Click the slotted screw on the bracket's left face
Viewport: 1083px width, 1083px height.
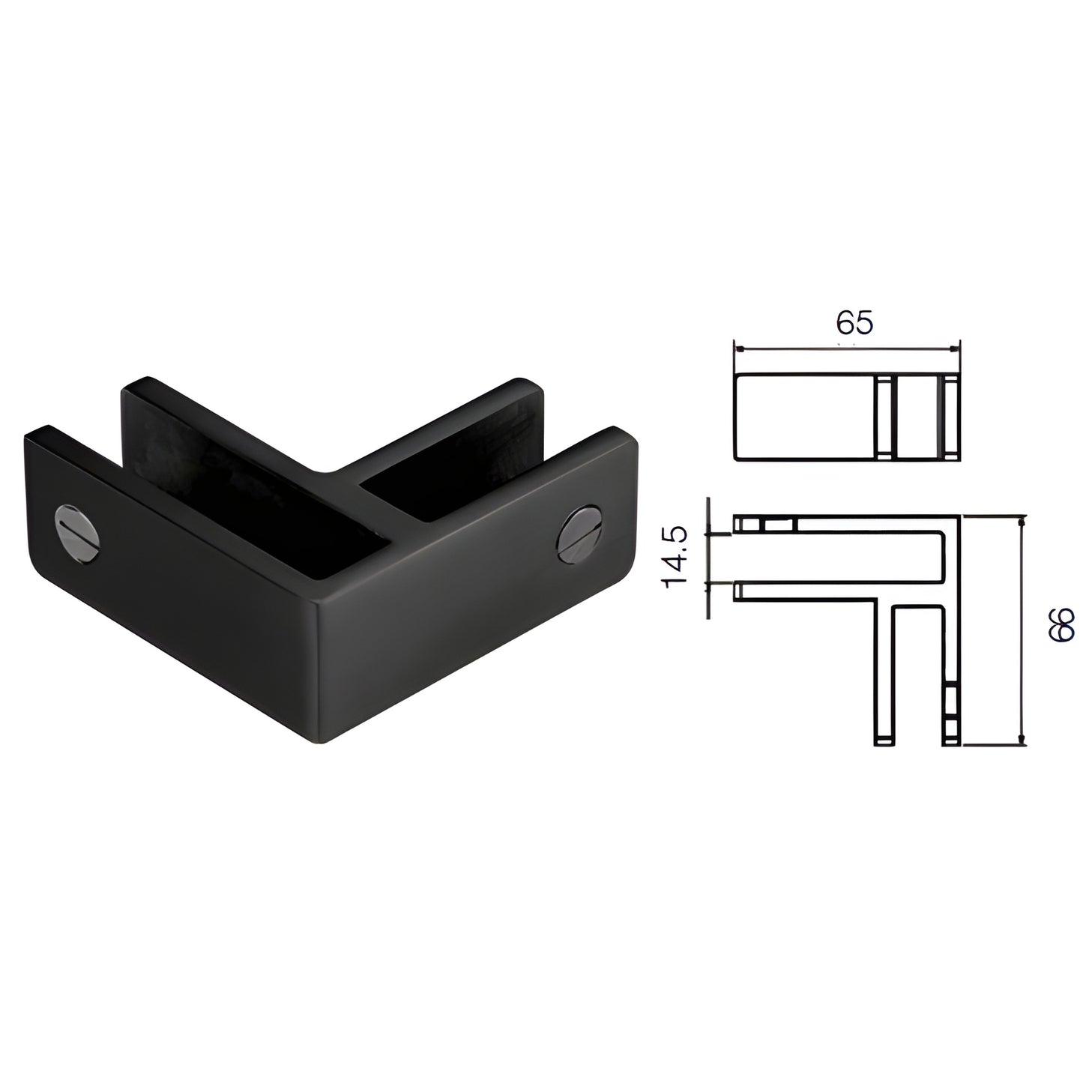point(76,531)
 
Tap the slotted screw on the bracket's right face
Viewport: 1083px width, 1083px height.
point(579,534)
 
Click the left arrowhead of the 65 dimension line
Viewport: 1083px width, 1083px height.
point(739,349)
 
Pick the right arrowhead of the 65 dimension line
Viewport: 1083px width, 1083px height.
point(953,349)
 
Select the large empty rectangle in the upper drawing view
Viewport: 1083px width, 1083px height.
point(805,418)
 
